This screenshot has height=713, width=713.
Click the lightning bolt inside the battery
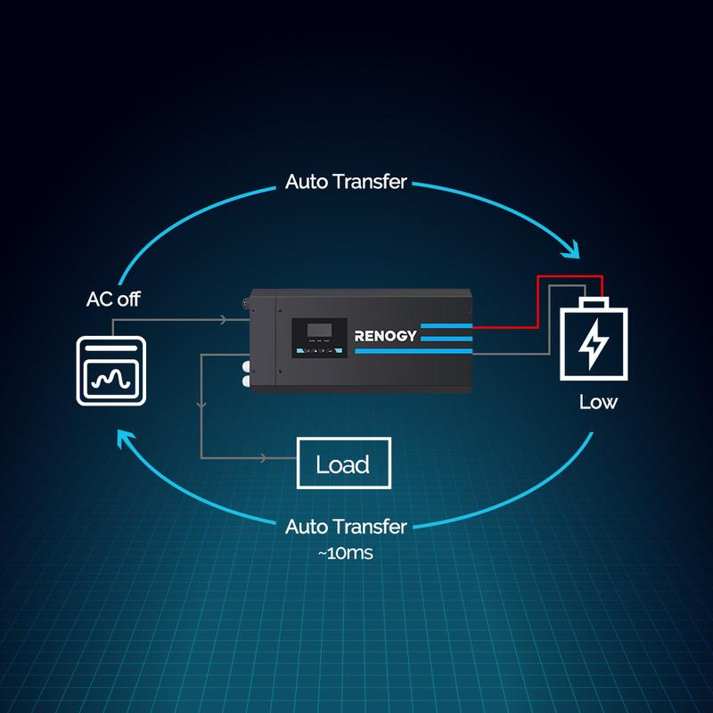point(591,345)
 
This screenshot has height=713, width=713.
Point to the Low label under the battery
point(597,403)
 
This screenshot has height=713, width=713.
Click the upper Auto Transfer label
point(346,183)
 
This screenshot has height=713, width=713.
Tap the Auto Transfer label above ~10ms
point(346,527)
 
